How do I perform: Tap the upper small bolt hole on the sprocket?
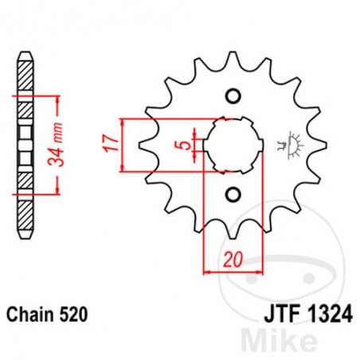click(233, 97)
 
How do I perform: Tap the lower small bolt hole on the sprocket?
click(233, 194)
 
